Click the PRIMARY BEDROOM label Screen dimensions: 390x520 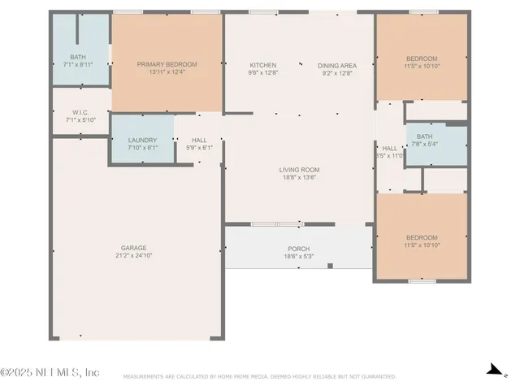pyautogui.click(x=167, y=64)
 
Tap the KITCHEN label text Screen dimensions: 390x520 pyautogui.click(x=262, y=65)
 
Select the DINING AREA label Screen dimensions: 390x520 pyautogui.click(x=336, y=65)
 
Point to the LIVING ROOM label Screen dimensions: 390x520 pyautogui.click(x=298, y=170)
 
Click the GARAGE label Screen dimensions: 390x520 pyautogui.click(x=134, y=248)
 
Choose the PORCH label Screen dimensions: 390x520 pyautogui.click(x=298, y=249)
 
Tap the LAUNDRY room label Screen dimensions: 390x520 pyautogui.click(x=142, y=140)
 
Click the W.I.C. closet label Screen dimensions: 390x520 pyautogui.click(x=80, y=113)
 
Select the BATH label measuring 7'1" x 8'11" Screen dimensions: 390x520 pyautogui.click(x=78, y=57)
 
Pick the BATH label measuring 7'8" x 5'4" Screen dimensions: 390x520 pyautogui.click(x=425, y=136)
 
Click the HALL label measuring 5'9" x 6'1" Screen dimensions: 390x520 pyautogui.click(x=199, y=140)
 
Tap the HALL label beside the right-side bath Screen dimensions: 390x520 pyautogui.click(x=390, y=148)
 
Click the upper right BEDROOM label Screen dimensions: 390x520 pyautogui.click(x=422, y=58)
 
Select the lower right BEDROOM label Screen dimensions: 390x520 pyautogui.click(x=422, y=237)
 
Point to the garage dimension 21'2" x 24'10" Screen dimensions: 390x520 pyautogui.click(x=134, y=255)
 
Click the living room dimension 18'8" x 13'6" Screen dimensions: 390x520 pyautogui.click(x=298, y=177)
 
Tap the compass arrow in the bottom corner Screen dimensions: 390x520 pyautogui.click(x=492, y=370)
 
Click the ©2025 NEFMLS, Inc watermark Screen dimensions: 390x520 pyautogui.click(x=50, y=372)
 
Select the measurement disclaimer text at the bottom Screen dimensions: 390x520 pyautogui.click(x=260, y=377)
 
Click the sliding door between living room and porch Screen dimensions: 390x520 pyautogui.click(x=277, y=223)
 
